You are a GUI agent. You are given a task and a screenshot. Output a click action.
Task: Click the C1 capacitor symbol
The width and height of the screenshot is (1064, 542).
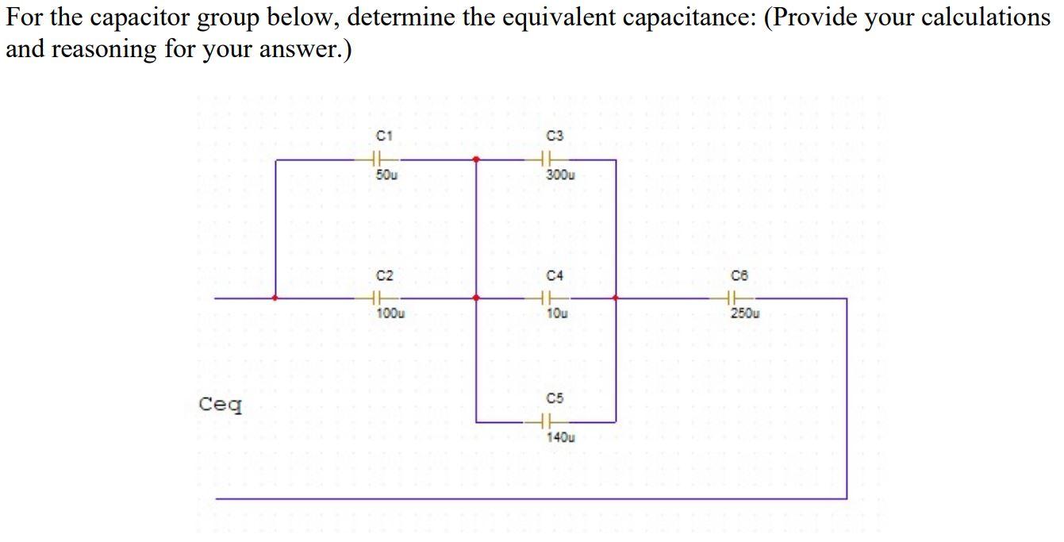click(379, 160)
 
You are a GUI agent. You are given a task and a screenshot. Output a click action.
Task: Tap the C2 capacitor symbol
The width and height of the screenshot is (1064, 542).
click(379, 299)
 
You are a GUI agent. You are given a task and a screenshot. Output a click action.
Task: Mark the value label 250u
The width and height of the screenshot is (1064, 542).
click(745, 313)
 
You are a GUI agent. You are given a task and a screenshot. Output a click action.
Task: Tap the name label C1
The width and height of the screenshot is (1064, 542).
click(384, 136)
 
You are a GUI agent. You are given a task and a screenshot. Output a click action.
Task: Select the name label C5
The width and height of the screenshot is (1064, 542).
click(555, 397)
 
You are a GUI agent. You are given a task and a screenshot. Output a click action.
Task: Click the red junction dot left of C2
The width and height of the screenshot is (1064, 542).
click(275, 299)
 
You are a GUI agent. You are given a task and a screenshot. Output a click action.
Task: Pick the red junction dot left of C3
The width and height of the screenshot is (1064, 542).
click(476, 160)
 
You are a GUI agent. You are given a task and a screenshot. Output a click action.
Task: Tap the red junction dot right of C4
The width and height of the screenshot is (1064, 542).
click(616, 299)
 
